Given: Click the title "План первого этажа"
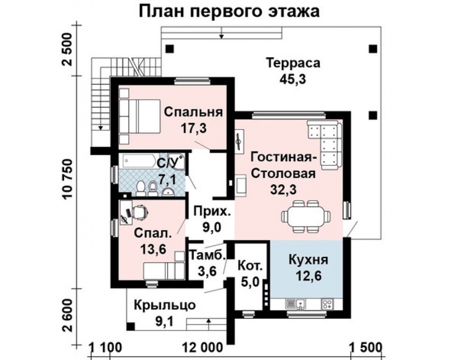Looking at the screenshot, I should tap(229, 11).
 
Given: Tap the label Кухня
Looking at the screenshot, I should tap(308, 260).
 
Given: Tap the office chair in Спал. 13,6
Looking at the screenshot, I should tap(139, 212).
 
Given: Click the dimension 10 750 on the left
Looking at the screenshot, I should tap(68, 183).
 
